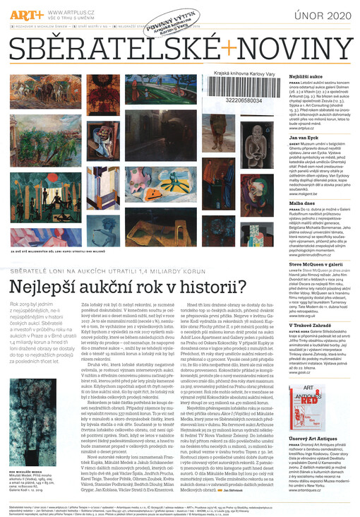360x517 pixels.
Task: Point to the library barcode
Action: [x=239, y=90]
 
